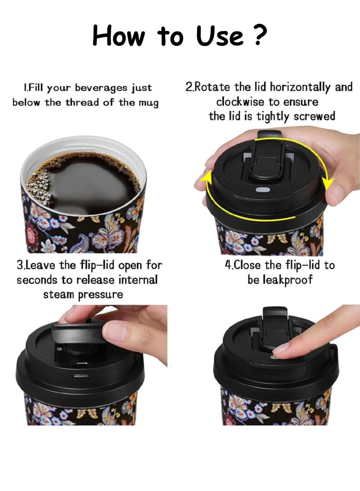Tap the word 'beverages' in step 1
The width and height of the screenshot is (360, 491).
(101, 88)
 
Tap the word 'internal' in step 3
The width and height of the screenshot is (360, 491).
(138, 279)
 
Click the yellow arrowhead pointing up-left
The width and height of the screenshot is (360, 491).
(205, 179)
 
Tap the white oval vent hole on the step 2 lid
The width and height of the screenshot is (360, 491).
(263, 190)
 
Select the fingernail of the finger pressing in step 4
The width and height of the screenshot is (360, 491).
(281, 348)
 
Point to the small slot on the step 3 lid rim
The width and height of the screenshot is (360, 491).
(81, 376)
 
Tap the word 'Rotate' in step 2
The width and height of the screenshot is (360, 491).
(212, 87)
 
